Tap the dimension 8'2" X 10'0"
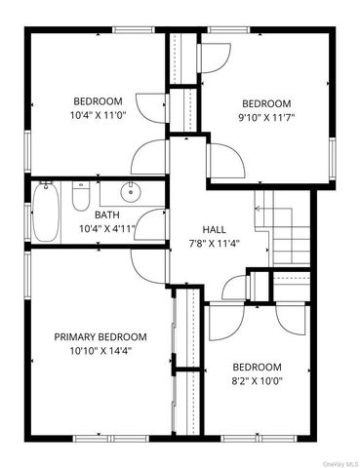point(257,381)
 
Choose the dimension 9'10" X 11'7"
point(266,118)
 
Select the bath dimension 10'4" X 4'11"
point(106,229)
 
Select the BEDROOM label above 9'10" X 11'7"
point(266,104)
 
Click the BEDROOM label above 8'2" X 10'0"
point(257,367)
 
